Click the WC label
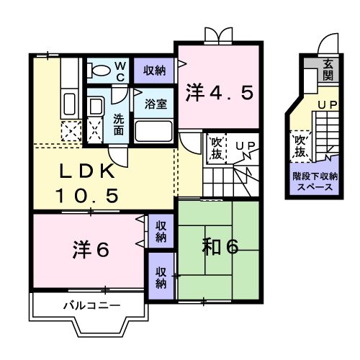click(121, 71)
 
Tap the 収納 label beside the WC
click(153, 70)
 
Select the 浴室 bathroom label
click(156, 103)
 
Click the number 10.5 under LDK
click(86, 194)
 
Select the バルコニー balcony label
click(90, 305)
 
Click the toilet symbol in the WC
click(99, 71)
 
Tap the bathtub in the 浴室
click(153, 131)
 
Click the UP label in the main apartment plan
click(244, 147)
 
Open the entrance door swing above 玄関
click(327, 45)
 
